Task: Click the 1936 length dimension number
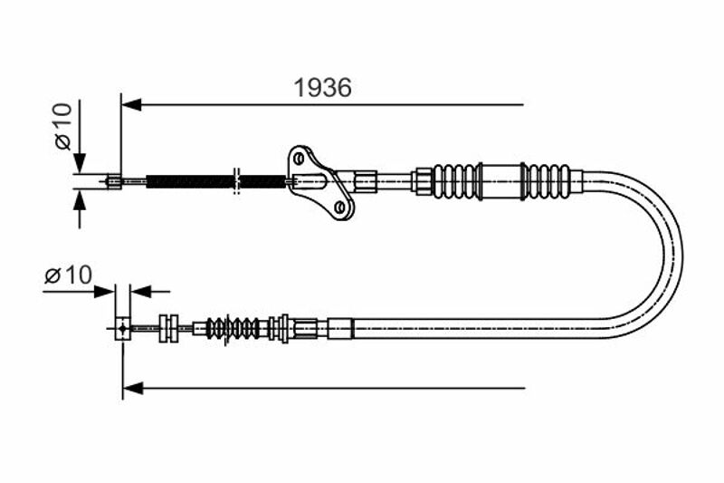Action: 323,87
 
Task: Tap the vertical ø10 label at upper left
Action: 63,126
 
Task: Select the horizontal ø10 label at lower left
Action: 69,275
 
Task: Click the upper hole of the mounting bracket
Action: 299,159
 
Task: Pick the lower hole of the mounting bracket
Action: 341,206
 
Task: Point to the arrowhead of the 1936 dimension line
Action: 131,105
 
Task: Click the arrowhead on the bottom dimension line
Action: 133,388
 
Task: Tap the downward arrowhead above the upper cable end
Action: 80,163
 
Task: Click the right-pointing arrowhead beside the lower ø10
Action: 104,292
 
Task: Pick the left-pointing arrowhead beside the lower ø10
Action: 141,292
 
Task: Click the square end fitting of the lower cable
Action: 122,329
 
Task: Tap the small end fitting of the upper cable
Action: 114,181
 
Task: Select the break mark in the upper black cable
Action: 236,181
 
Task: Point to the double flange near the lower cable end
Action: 168,329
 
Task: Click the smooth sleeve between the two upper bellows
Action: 501,181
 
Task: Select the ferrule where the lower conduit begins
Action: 341,329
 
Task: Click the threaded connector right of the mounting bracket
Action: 366,181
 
